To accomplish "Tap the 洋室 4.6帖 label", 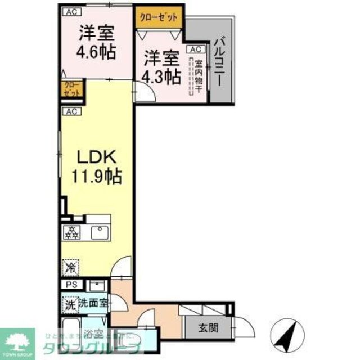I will [x=96, y=43].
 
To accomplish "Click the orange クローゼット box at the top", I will [x=159, y=17].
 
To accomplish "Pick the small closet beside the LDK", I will [x=71, y=89].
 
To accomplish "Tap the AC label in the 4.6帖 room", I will [x=71, y=11].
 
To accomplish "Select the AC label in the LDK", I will [x=71, y=111].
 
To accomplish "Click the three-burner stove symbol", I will [x=73, y=231].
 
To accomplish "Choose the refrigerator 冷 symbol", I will [x=71, y=267].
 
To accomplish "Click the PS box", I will [x=71, y=285].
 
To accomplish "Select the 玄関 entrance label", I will [x=205, y=328].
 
